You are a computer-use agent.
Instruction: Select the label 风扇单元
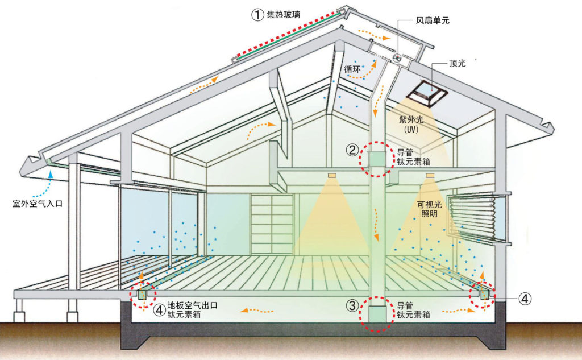click(431, 20)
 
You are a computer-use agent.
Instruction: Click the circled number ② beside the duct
click(352, 151)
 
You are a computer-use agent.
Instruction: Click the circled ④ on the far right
click(525, 297)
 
